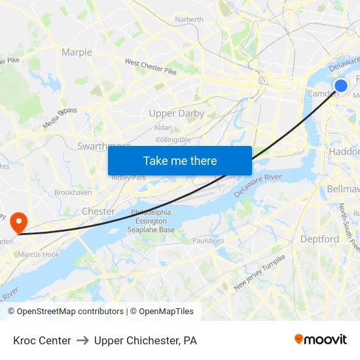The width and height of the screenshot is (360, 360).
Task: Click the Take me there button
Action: point(180,160)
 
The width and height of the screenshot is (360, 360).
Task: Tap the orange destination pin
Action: point(18,221)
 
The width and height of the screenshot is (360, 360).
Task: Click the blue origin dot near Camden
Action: point(340,86)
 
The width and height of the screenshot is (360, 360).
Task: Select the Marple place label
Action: point(77,52)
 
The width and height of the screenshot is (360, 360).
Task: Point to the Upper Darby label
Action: point(176,113)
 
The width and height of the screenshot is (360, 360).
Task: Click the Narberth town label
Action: point(189,20)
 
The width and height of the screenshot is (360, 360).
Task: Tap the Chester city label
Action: point(98,211)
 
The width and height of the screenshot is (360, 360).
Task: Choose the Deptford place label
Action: point(319,239)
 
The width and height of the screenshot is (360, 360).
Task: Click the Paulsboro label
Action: point(208,241)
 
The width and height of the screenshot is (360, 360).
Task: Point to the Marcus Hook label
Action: point(39,255)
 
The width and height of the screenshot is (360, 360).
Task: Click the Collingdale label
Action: point(173,139)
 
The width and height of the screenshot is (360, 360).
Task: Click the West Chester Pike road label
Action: point(151,67)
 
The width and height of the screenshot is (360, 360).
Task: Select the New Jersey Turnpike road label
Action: point(260,273)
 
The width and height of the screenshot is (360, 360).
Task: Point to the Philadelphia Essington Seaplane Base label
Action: point(152,221)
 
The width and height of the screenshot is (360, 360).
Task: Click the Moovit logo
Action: point(320,340)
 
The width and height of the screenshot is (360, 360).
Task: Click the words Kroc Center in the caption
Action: point(42,340)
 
